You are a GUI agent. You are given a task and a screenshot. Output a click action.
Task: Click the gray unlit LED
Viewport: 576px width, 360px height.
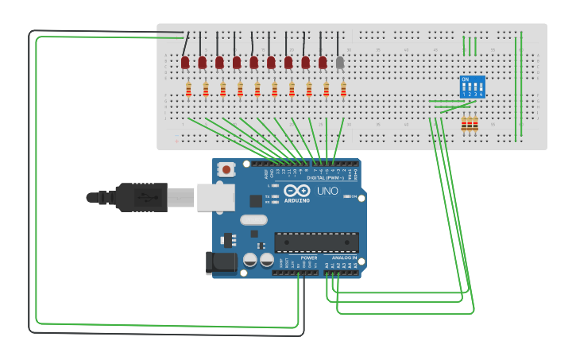click(x=340, y=62)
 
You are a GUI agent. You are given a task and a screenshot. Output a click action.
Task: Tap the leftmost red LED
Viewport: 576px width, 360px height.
click(x=185, y=62)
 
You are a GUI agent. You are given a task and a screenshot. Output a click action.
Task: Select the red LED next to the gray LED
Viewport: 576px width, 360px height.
click(x=323, y=62)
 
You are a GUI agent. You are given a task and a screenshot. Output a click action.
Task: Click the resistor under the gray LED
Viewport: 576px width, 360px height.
click(x=343, y=89)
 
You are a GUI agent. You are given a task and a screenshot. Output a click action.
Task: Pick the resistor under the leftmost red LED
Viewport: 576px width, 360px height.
click(x=188, y=89)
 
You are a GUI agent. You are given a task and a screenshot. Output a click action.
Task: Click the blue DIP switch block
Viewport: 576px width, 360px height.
click(x=472, y=87)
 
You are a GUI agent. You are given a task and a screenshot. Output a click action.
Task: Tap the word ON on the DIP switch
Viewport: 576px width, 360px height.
click(x=465, y=79)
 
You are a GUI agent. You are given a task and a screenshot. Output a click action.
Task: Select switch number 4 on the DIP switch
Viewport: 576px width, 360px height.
click(x=481, y=94)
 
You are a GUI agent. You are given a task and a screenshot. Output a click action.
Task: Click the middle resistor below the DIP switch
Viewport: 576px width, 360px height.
click(x=470, y=123)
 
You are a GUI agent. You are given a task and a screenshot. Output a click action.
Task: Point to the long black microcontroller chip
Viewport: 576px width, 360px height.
click(x=316, y=242)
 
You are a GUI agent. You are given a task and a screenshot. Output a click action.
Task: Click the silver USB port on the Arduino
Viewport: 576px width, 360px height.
click(x=215, y=197)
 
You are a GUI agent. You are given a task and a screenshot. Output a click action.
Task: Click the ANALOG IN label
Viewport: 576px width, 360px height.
click(x=344, y=257)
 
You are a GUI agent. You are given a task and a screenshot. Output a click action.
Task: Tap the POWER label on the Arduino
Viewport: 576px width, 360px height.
click(x=308, y=257)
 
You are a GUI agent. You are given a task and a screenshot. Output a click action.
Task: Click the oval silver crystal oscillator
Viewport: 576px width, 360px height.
click(x=253, y=220)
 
